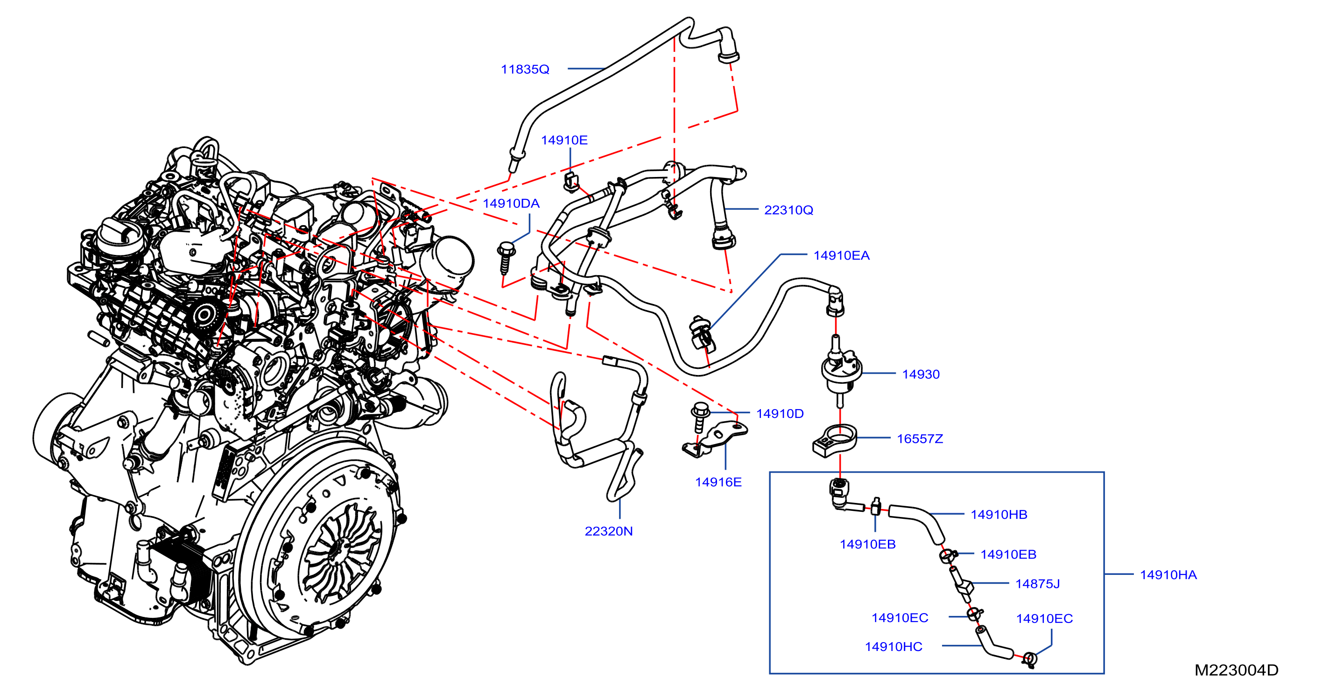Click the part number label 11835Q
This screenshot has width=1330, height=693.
[x=525, y=69]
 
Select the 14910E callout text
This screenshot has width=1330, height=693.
[x=564, y=140]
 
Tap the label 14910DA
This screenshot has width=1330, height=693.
[x=511, y=204]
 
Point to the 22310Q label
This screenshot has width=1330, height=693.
[x=788, y=210]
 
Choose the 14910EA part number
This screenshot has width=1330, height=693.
[x=841, y=255]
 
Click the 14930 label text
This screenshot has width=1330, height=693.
[x=921, y=375]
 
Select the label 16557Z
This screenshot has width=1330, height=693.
[x=920, y=439]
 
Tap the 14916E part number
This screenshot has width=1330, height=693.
[x=718, y=482]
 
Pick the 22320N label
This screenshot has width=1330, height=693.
[x=608, y=531]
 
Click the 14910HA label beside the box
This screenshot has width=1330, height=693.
[x=1168, y=575]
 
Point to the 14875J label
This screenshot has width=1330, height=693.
[x=1037, y=584]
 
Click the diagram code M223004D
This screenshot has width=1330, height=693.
[x=1236, y=670]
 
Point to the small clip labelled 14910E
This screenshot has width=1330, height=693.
[x=570, y=181]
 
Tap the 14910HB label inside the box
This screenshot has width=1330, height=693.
[x=999, y=515]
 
